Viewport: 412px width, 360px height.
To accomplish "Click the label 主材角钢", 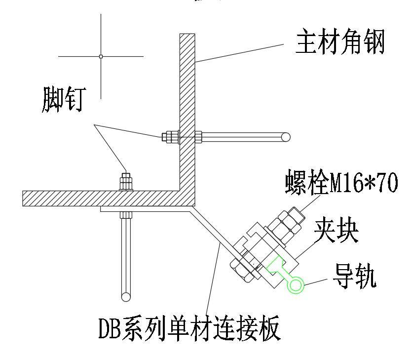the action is [340, 42].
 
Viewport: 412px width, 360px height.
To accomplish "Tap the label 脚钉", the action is [64, 100].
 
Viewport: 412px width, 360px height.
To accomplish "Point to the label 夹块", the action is [337, 232].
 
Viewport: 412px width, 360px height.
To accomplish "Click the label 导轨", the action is [354, 276].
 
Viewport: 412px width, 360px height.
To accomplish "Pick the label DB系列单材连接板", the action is [189, 329].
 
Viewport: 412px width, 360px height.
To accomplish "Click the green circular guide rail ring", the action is [296, 284].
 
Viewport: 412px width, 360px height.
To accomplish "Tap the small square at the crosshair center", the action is [101, 56].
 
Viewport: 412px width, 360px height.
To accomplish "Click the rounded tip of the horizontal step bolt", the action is [286, 137].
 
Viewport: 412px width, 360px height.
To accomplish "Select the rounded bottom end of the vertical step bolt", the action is [126, 297].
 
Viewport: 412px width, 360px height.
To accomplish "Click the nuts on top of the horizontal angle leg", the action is [126, 182].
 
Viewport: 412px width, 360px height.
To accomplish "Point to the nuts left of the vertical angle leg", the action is [170, 137].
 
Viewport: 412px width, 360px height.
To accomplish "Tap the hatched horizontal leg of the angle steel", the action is [105, 199].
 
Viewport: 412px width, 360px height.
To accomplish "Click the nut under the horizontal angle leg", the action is [126, 215].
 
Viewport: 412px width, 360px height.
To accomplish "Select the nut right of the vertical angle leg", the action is [198, 137].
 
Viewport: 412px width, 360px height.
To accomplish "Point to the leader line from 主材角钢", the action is [240, 53].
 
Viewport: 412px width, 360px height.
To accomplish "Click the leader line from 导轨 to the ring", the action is [316, 281].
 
